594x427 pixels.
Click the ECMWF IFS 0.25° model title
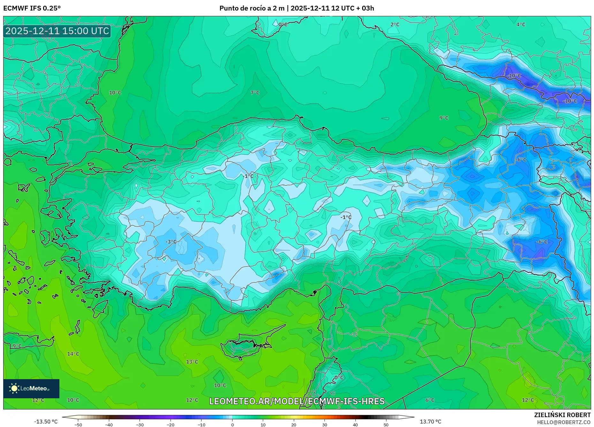(32, 8)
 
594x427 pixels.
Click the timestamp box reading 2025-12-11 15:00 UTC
(57, 31)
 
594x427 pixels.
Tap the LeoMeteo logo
(31, 388)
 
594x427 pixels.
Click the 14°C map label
(73, 354)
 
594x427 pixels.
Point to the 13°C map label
(192, 362)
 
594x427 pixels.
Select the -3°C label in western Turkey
(171, 242)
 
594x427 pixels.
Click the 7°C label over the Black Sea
(255, 93)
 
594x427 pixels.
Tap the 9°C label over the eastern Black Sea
(444, 118)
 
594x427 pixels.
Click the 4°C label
(521, 25)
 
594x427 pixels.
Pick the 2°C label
(395, 25)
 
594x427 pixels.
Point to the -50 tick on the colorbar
(78, 424)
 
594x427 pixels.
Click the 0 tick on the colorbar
(232, 424)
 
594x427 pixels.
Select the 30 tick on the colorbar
(324, 424)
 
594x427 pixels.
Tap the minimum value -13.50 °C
(46, 422)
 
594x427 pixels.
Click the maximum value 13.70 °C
(430, 422)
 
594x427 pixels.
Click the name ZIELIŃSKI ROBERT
(562, 415)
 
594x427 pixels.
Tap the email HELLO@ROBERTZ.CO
(564, 422)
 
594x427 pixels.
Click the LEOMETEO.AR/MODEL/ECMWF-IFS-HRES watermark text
(297, 401)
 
